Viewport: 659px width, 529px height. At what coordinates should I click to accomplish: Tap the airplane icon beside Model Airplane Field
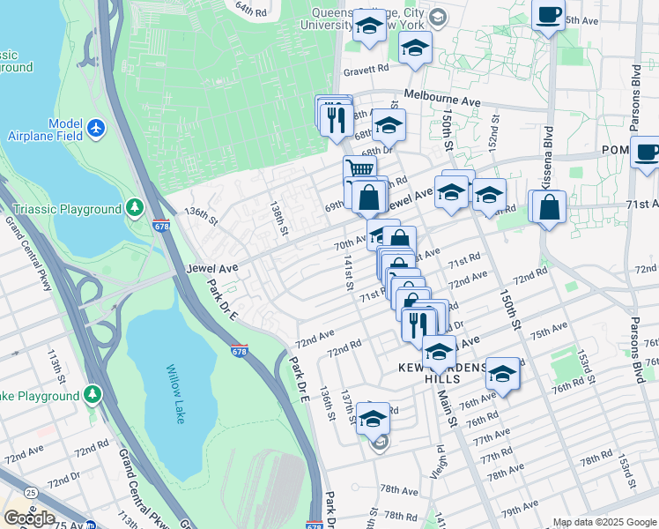click(x=97, y=130)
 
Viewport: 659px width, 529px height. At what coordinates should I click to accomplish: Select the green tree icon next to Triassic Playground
click(x=134, y=209)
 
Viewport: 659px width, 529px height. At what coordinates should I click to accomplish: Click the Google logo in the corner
click(x=29, y=518)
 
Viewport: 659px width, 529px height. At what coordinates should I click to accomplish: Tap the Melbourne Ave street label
click(x=442, y=98)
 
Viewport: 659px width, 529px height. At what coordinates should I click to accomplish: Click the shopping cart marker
click(x=359, y=167)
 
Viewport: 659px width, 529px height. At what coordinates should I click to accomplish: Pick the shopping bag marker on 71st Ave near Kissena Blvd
click(x=549, y=208)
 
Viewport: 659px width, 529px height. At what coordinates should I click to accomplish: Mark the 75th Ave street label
click(x=549, y=329)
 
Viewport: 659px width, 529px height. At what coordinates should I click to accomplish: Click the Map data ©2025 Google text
click(x=603, y=522)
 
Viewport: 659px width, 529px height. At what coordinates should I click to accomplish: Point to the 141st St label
click(x=348, y=272)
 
